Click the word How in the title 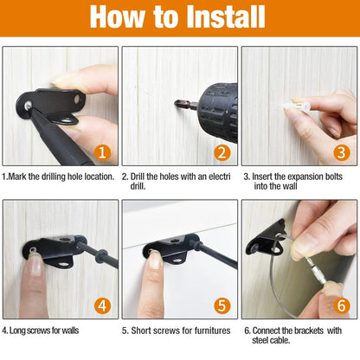point(115,18)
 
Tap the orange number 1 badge point(102,154)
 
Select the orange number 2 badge point(222,154)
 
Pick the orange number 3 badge point(341,154)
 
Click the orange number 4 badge point(102,305)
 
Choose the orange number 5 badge point(222,305)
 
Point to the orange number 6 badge point(341,305)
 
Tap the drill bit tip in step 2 point(180,110)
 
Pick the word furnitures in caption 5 point(210,330)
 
